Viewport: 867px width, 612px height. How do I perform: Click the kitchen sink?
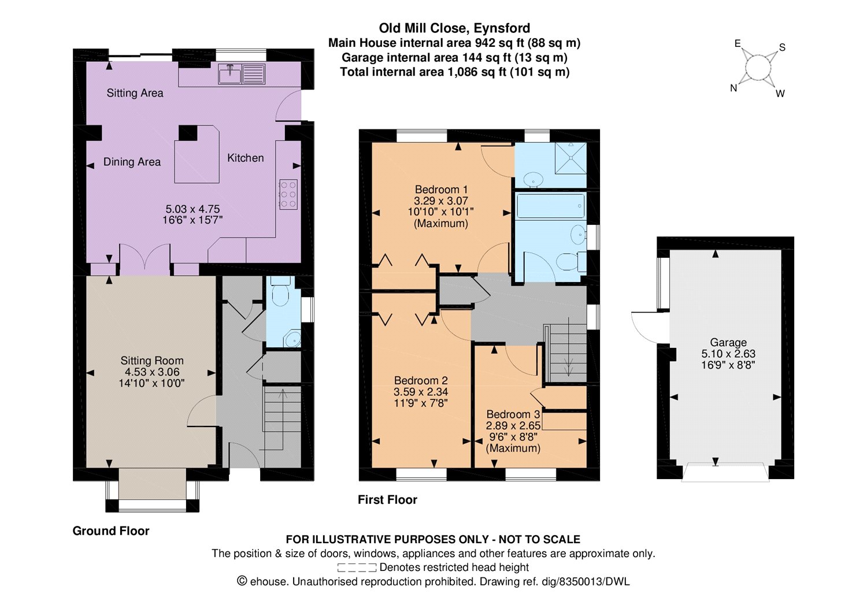pos(242,74)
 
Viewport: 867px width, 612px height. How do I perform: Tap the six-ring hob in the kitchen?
pos(288,195)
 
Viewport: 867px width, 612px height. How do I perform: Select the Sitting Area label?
pos(135,93)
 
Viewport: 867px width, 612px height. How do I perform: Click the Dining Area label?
pos(132,162)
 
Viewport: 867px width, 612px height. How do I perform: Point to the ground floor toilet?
pos(280,292)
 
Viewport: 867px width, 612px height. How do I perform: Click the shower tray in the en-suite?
pos(570,158)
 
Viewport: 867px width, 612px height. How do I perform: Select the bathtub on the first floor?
pos(550,206)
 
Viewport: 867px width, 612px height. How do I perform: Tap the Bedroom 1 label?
pos(441,190)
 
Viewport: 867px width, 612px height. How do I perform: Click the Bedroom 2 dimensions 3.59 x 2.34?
pos(421,392)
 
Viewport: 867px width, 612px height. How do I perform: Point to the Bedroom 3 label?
pos(513,414)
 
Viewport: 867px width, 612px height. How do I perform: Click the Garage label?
pos(728,343)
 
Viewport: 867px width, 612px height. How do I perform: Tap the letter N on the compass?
pos(733,88)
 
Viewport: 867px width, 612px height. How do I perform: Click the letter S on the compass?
pos(782,47)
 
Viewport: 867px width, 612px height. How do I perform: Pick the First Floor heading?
pos(387,500)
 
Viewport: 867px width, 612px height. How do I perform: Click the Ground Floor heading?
pos(111,531)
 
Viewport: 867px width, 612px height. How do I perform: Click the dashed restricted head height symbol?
pos(357,568)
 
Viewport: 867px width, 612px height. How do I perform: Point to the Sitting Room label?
pos(151,361)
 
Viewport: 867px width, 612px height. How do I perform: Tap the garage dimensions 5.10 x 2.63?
pos(728,354)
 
